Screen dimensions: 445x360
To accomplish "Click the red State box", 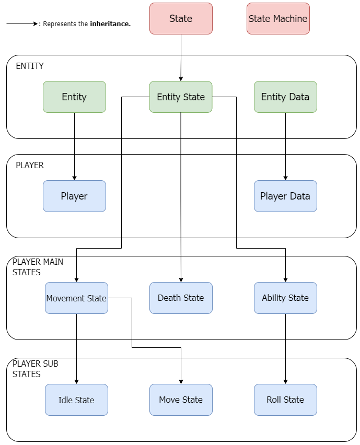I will (x=181, y=19).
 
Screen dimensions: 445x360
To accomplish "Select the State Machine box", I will (x=278, y=19).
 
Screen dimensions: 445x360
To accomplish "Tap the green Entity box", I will (x=74, y=97).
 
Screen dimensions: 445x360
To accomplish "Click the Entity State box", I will (x=181, y=97).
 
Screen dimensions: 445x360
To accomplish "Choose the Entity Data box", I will (x=285, y=97).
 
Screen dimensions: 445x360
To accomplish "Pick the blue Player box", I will (x=74, y=196).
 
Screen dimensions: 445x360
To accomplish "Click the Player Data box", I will (x=285, y=196).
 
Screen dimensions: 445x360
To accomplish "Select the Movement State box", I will (x=76, y=298).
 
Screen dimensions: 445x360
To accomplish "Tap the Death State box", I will (x=181, y=298).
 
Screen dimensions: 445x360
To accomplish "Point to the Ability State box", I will (x=285, y=298).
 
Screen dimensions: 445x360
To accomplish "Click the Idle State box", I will (x=76, y=400).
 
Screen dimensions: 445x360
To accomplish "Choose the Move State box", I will (x=181, y=400).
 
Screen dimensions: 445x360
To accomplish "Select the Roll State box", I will (x=285, y=400).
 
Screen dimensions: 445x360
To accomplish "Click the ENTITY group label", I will (x=30, y=66).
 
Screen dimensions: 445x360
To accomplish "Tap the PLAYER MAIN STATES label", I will (x=38, y=267).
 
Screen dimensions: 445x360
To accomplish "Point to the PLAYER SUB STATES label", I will (x=35, y=369).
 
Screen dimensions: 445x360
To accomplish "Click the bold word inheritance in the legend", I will (x=110, y=24).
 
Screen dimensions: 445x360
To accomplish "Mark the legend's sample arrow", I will (x=22, y=24).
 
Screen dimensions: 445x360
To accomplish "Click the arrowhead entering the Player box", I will (x=74, y=178).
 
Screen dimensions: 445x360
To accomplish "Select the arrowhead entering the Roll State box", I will (x=285, y=382).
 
